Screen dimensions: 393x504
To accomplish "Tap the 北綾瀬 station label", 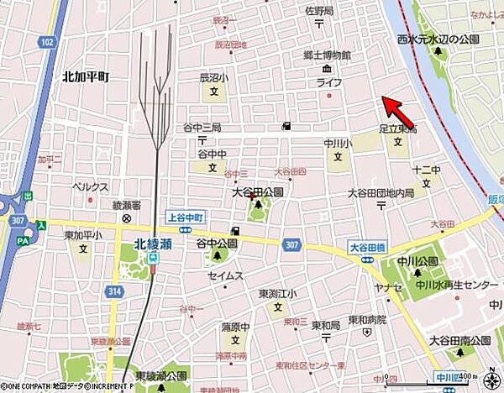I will coord(153,245).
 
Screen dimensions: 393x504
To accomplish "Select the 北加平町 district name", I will coord(86,76).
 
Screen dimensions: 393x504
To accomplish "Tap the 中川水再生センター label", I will coord(458,285).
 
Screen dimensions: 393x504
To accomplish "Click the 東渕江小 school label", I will coord(277,293).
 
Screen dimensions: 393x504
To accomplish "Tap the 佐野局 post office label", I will coord(319,11).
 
